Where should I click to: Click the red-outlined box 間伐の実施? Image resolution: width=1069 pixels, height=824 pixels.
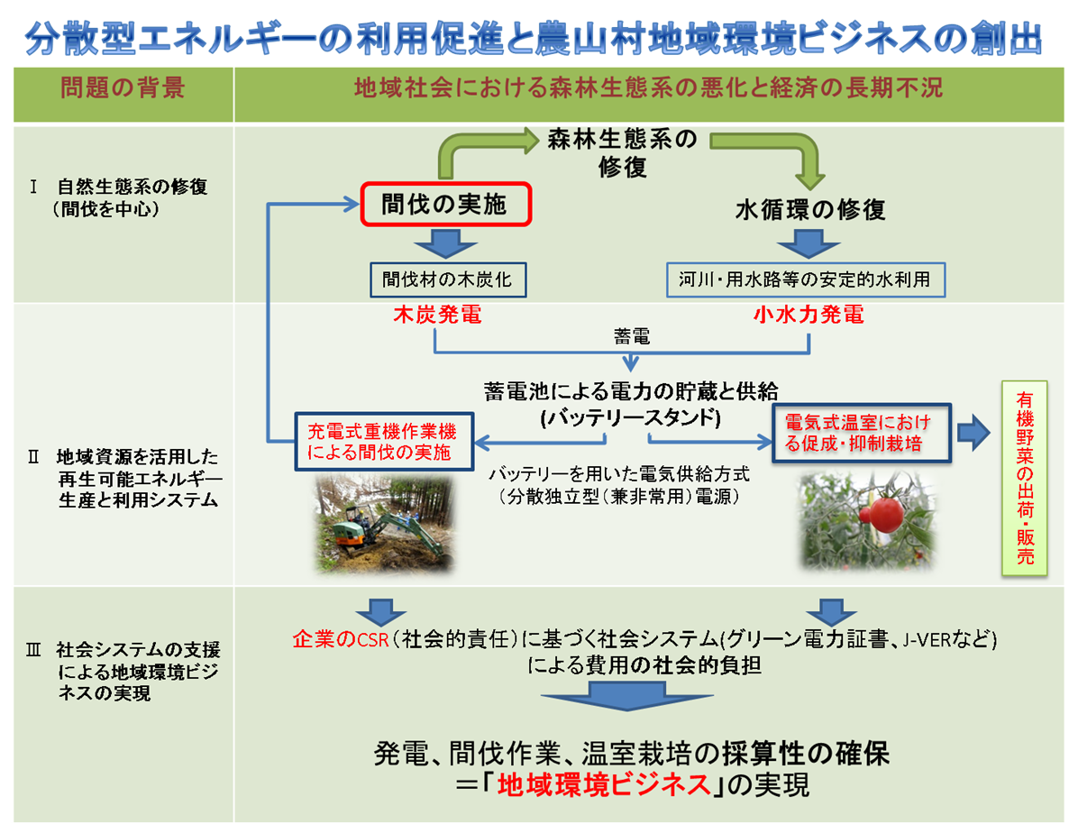coord(446,204)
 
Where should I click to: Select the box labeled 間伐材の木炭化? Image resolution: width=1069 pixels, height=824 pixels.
coord(448,279)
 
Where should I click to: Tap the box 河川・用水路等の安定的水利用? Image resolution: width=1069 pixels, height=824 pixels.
coord(806,279)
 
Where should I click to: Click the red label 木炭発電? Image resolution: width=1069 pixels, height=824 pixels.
coord(438,315)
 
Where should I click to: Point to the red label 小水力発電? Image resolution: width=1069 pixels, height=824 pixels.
coord(809,315)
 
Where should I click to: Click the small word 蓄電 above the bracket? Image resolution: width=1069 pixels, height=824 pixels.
coord(631,336)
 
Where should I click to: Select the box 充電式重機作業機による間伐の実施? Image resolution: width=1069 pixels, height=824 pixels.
coord(384,442)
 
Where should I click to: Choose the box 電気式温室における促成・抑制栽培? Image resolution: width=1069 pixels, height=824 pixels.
coord(861,433)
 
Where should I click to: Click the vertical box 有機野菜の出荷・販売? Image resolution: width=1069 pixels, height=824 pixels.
coord(1024,478)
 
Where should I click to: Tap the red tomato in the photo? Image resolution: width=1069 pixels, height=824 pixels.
coord(886,514)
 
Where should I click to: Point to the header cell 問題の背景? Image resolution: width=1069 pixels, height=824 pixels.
coord(123,88)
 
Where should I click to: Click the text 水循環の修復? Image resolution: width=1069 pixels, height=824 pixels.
coord(810,209)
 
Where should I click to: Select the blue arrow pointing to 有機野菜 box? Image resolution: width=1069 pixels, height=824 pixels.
coord(973,432)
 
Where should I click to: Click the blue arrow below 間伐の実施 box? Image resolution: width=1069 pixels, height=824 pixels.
coord(446,243)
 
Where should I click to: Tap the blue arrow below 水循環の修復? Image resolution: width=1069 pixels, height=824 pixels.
coord(809,243)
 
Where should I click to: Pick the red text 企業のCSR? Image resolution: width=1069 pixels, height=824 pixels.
coord(340,639)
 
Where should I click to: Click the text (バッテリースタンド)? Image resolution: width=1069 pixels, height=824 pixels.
coord(631,417)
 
